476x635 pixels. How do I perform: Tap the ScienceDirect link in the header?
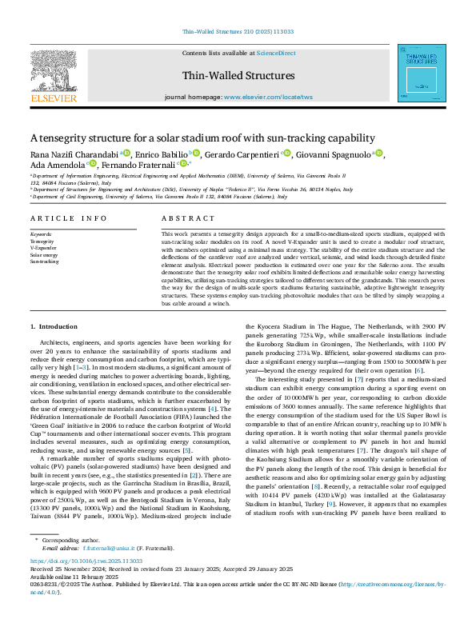click(276, 53)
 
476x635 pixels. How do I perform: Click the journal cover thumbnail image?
click(423, 73)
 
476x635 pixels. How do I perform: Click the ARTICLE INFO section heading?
click(68, 218)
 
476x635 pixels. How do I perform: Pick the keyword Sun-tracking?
click(44, 262)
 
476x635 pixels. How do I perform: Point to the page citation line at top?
click(238, 32)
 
